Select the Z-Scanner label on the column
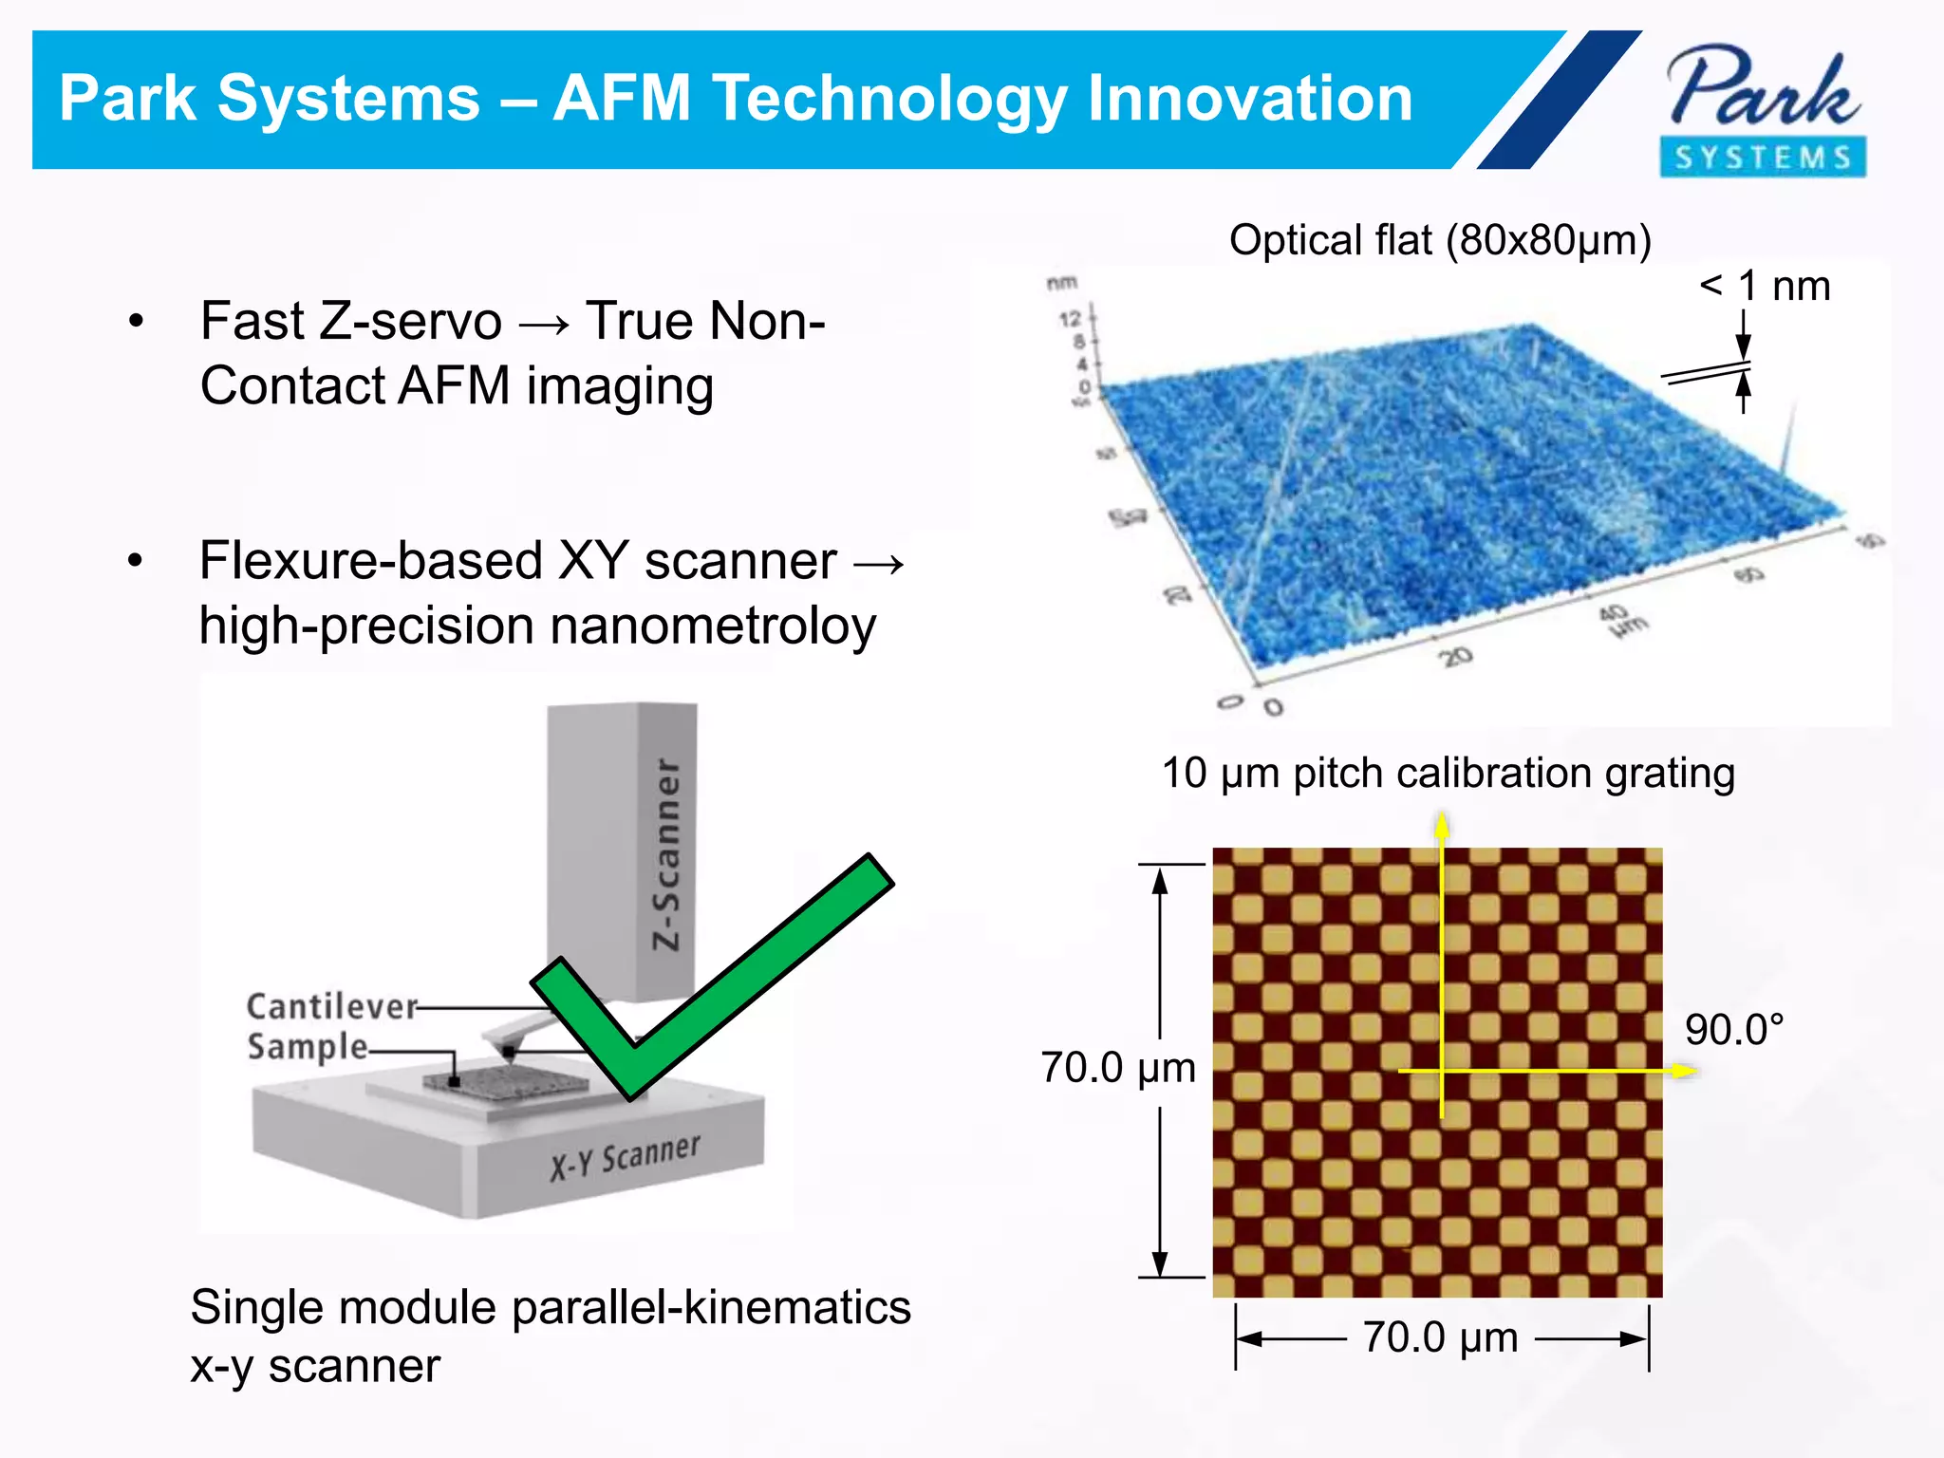[x=667, y=854]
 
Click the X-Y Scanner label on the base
[x=626, y=1156]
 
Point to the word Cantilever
[x=331, y=1006]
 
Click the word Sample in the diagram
[x=308, y=1047]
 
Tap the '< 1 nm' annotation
[x=1765, y=286]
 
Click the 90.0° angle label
[x=1734, y=1030]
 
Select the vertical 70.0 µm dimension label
[x=1117, y=1069]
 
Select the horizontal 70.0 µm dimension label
[x=1440, y=1337]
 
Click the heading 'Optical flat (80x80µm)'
[x=1440, y=240]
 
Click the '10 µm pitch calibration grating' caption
[x=1448, y=773]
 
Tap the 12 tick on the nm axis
[x=1070, y=319]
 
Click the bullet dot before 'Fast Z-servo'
[x=137, y=322]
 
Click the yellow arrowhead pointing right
[x=1684, y=1071]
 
